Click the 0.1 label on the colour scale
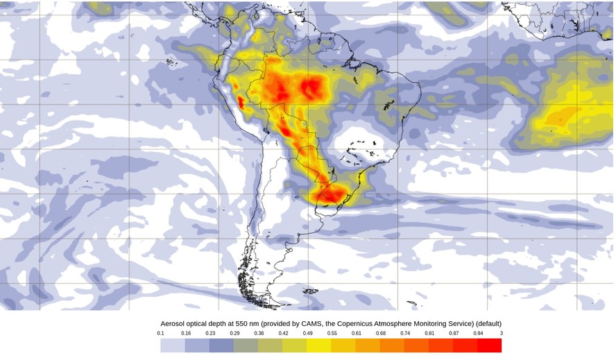(161, 334)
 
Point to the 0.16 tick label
(185, 334)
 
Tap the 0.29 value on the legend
(234, 334)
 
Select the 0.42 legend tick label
(283, 334)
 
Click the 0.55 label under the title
(332, 334)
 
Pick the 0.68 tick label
(380, 334)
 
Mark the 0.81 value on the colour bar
(429, 334)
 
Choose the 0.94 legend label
(477, 334)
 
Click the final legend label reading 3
(500, 334)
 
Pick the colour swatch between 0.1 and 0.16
(173, 345)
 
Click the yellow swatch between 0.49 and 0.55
(319, 345)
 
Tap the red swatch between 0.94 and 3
(489, 345)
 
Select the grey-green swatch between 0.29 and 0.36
(246, 345)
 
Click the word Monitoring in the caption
(428, 324)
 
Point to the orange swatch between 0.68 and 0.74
(392, 345)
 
